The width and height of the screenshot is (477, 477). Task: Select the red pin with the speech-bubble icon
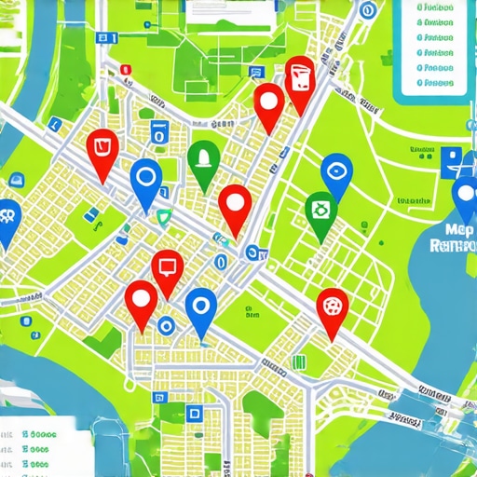[168, 267]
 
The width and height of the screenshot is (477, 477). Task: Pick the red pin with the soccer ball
[332, 305]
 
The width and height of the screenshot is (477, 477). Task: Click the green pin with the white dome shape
[203, 157]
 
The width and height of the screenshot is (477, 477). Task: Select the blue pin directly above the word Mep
[465, 195]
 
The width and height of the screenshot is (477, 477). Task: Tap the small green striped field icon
[298, 361]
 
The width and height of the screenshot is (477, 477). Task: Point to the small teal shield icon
[165, 218]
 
